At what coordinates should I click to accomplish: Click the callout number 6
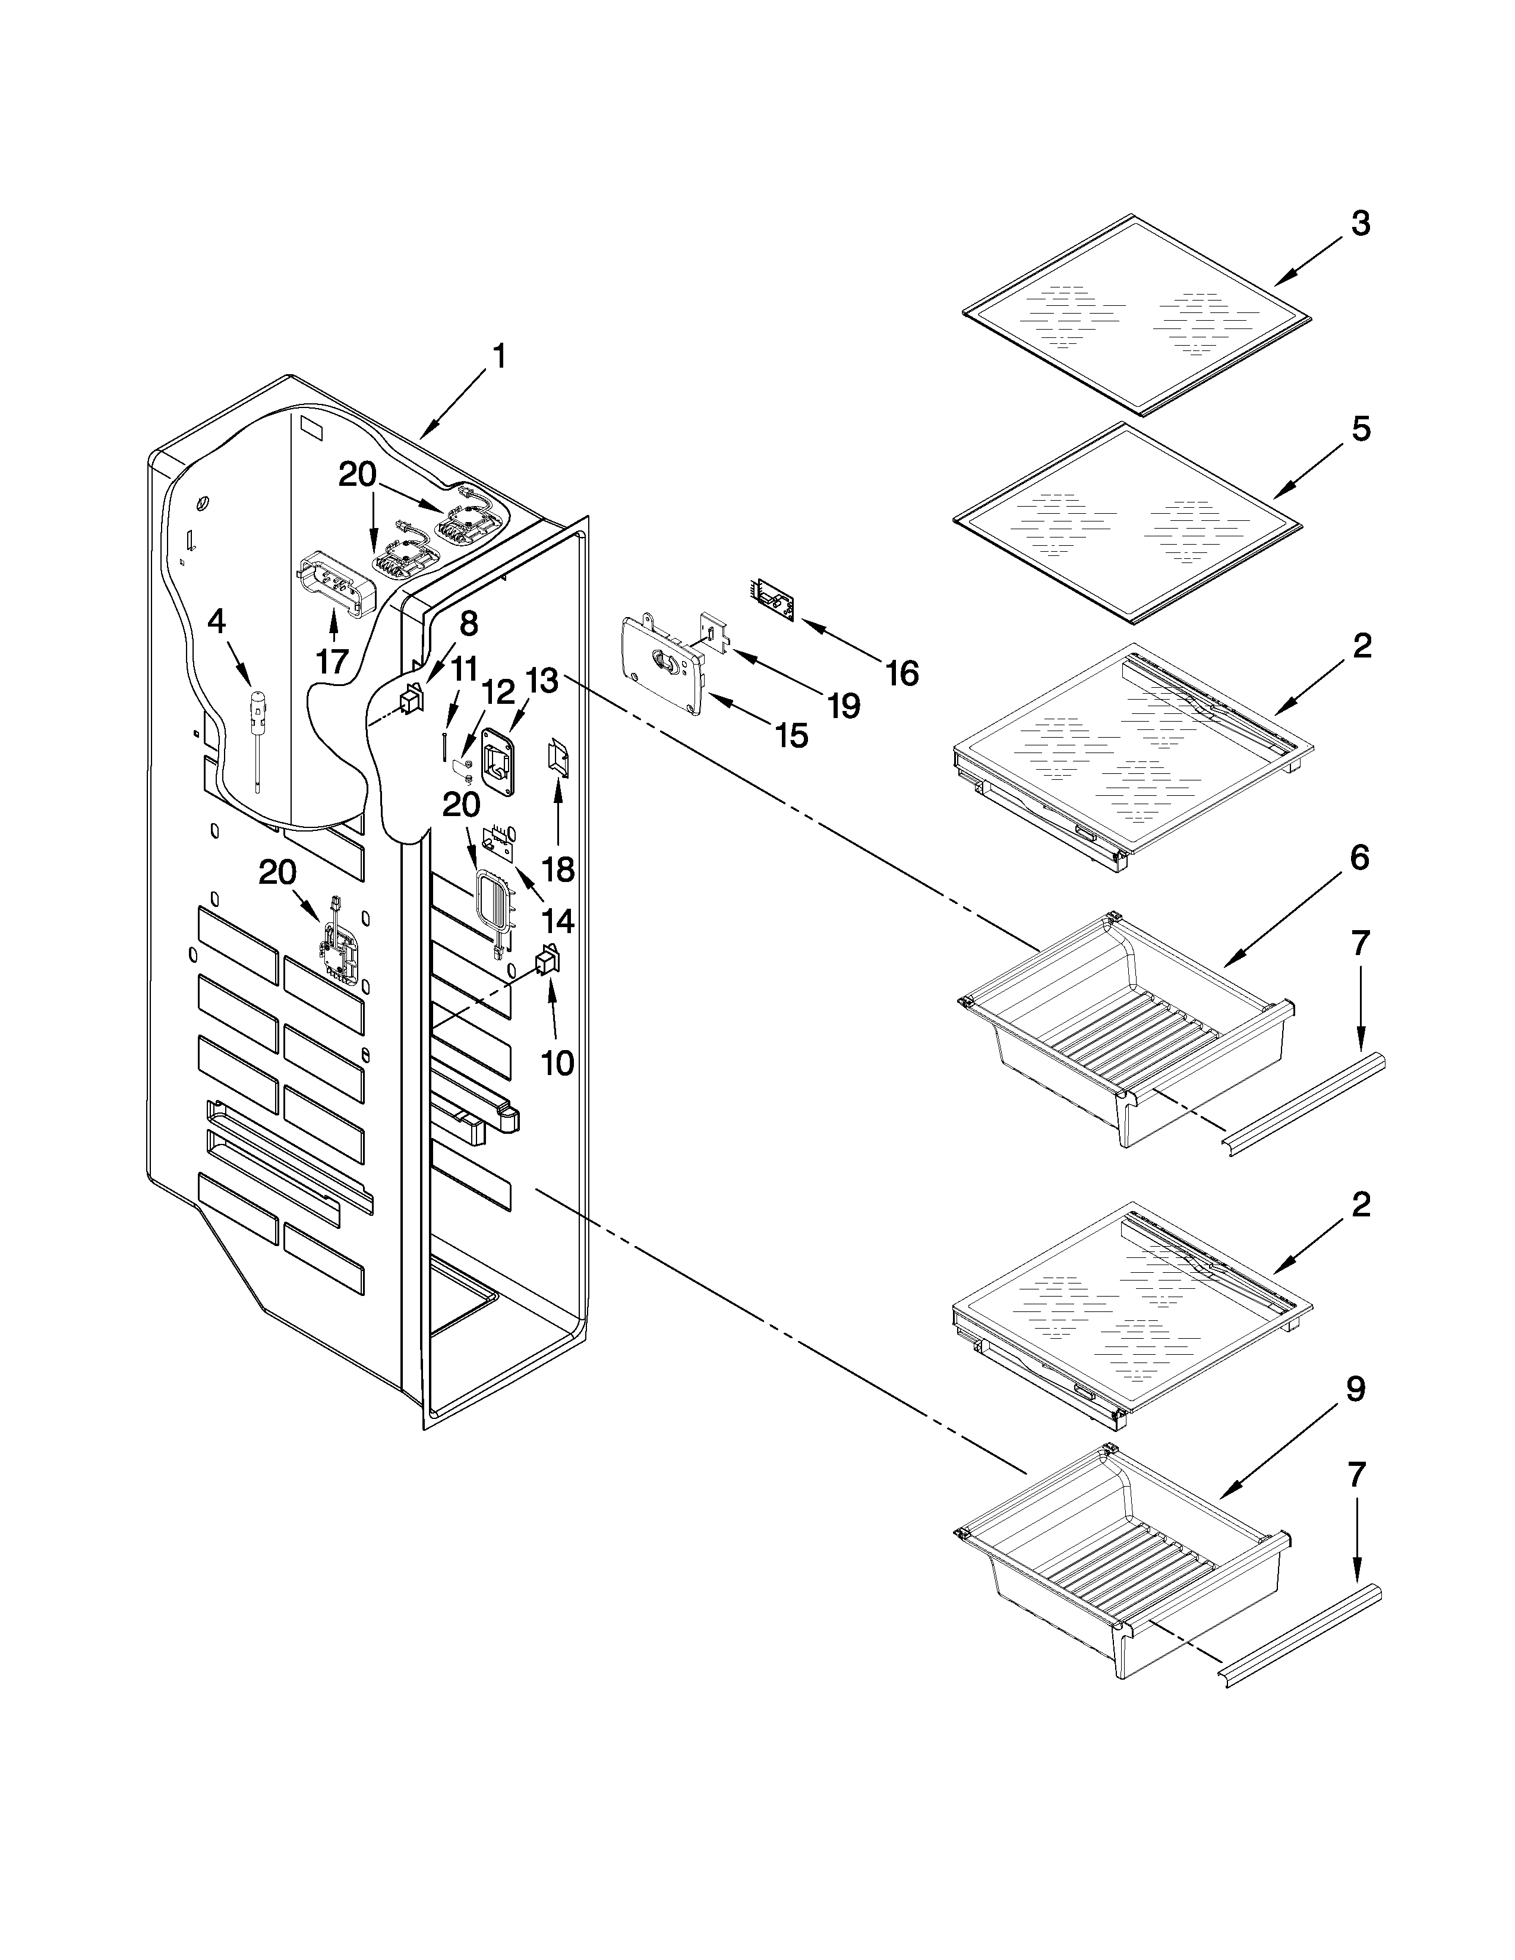point(1359,858)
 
